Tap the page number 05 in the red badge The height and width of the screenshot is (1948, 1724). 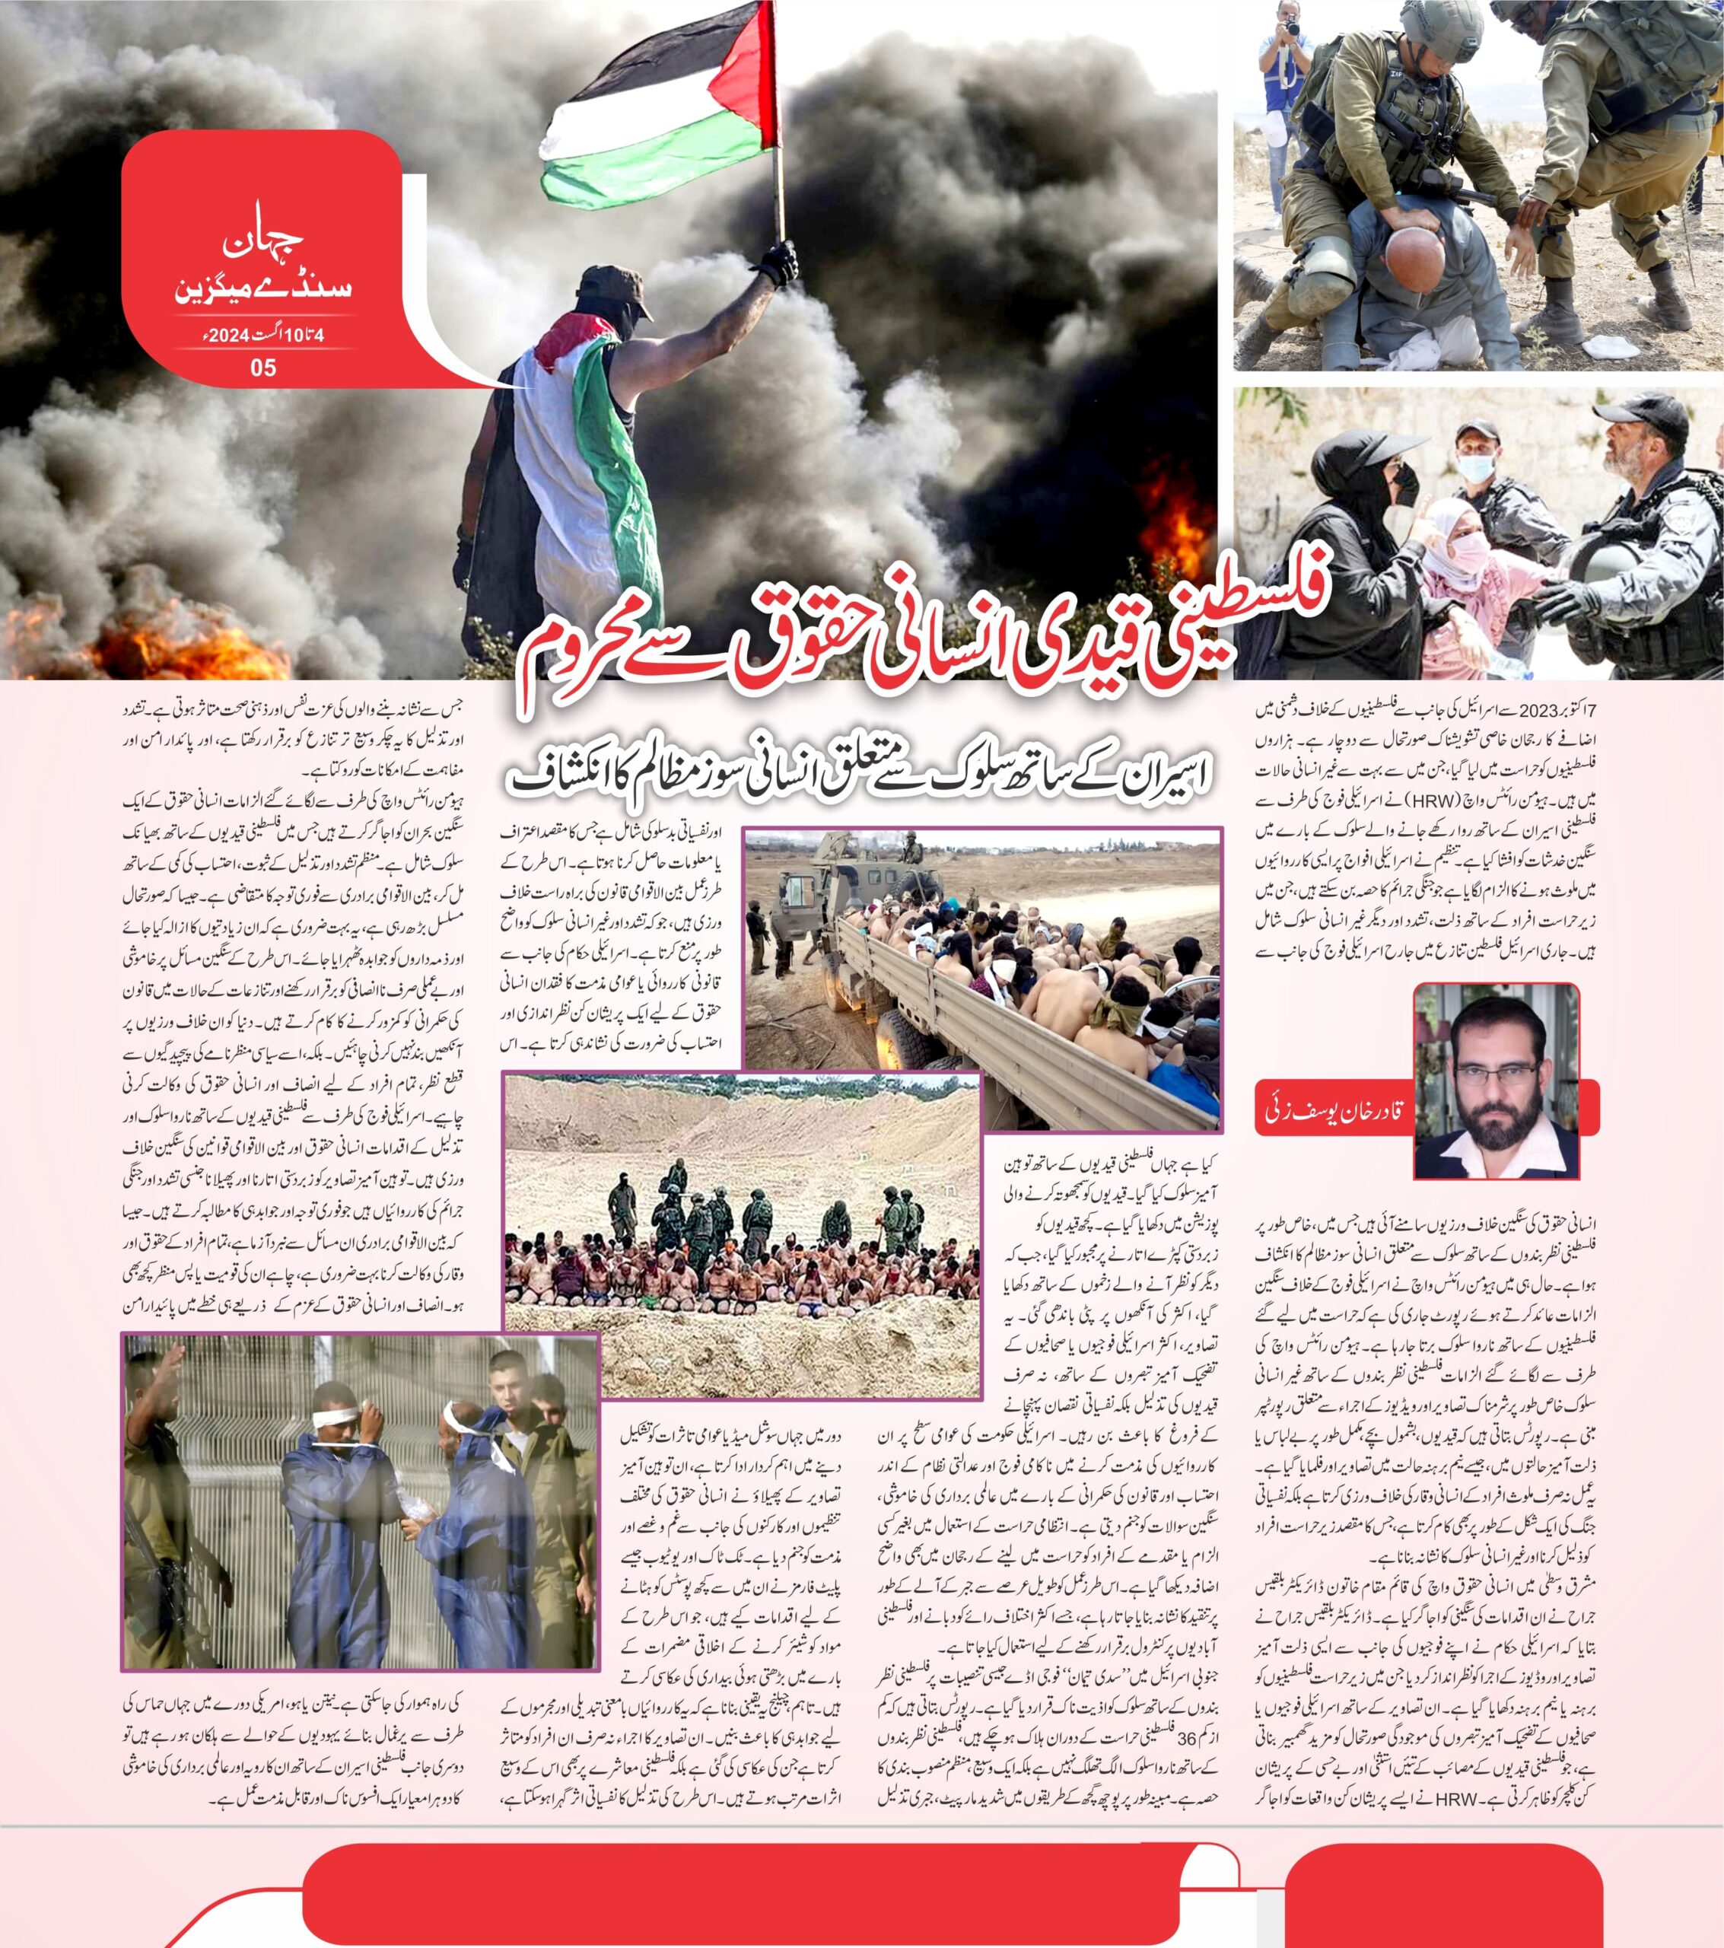[x=263, y=367]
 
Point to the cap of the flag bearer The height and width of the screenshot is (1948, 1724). [x=615, y=288]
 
